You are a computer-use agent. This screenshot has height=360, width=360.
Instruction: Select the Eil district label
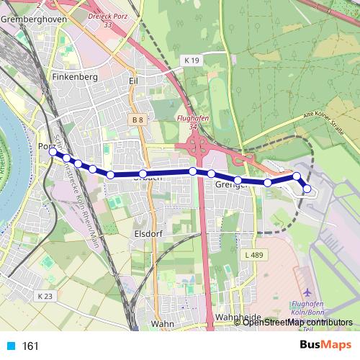[x=132, y=81]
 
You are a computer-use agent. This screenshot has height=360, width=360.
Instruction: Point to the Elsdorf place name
[x=150, y=234]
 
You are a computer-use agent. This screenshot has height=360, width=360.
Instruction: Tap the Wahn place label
[x=163, y=324]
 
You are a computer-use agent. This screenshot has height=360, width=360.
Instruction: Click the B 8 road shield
[x=138, y=118]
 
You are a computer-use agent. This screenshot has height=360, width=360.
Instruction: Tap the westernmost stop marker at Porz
[x=53, y=152]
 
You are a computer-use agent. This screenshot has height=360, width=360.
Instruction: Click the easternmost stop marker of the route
[x=307, y=189]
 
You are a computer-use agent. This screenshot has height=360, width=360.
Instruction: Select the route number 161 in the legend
[x=31, y=346]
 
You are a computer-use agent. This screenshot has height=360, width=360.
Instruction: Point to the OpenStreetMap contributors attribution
[x=297, y=322]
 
